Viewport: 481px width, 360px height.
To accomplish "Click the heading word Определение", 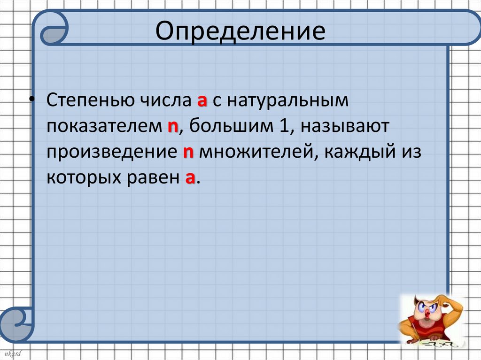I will point(240,31).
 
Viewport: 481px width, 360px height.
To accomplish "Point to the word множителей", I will point(251,153).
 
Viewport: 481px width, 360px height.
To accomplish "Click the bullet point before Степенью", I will point(31,100).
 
